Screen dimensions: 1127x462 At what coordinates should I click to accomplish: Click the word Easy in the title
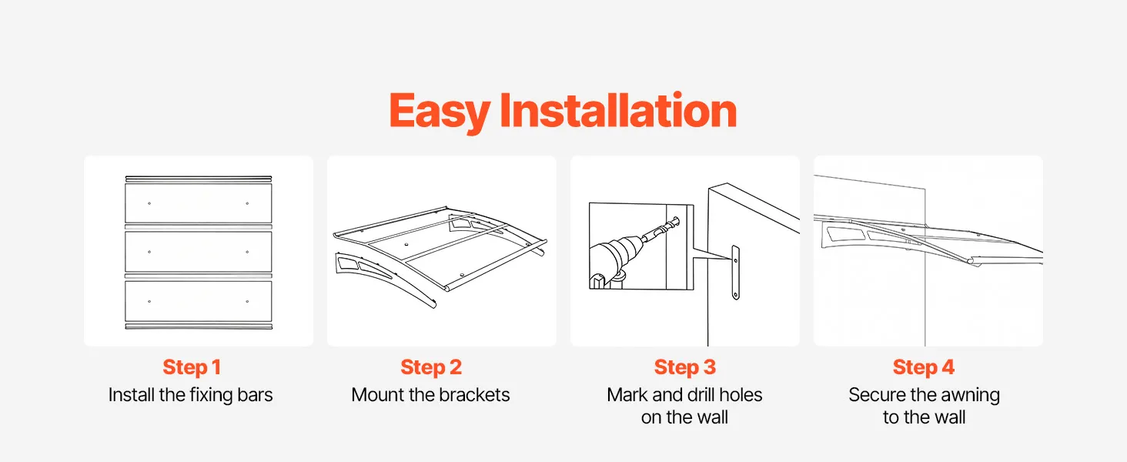[440, 112]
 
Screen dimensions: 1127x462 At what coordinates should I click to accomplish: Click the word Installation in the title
[618, 109]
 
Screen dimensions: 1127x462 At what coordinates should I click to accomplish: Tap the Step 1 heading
[192, 367]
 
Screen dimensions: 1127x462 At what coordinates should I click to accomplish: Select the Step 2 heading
[431, 367]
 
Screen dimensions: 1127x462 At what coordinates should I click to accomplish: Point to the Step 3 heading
[685, 367]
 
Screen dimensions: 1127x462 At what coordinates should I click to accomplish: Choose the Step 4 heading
[924, 367]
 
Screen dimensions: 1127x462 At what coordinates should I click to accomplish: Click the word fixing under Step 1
[207, 395]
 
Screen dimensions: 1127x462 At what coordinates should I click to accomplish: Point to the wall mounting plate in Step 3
[736, 273]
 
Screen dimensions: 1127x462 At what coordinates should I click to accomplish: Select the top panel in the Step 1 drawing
[199, 203]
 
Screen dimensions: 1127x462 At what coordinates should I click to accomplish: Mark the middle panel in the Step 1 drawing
[199, 252]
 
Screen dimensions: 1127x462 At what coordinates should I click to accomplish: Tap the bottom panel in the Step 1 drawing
[199, 301]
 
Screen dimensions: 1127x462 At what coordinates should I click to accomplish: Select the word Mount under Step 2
[377, 394]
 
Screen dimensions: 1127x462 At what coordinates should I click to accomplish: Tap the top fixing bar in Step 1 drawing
[199, 179]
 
